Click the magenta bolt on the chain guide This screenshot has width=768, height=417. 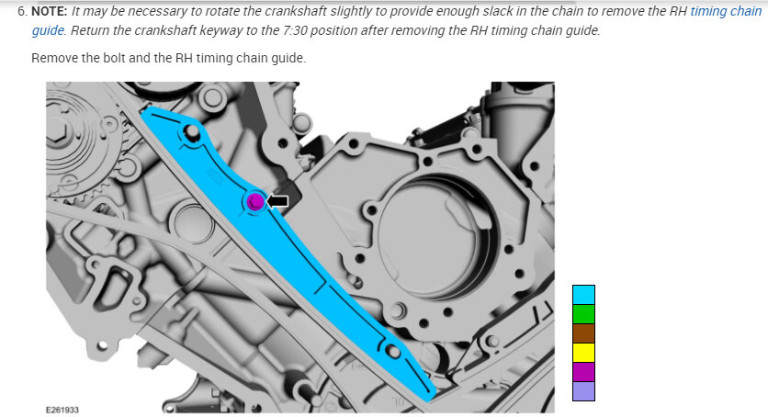[255, 201]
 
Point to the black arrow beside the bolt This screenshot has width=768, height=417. [277, 200]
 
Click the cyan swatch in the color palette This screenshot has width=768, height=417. [584, 295]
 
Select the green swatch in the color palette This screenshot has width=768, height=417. [584, 314]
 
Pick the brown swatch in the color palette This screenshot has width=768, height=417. [584, 333]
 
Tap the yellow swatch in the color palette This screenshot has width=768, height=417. [584, 353]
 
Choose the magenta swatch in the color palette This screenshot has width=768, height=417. [584, 371]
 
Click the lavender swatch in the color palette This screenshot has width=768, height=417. [584, 391]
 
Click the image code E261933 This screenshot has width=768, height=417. [62, 410]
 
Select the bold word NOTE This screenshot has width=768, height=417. [49, 11]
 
